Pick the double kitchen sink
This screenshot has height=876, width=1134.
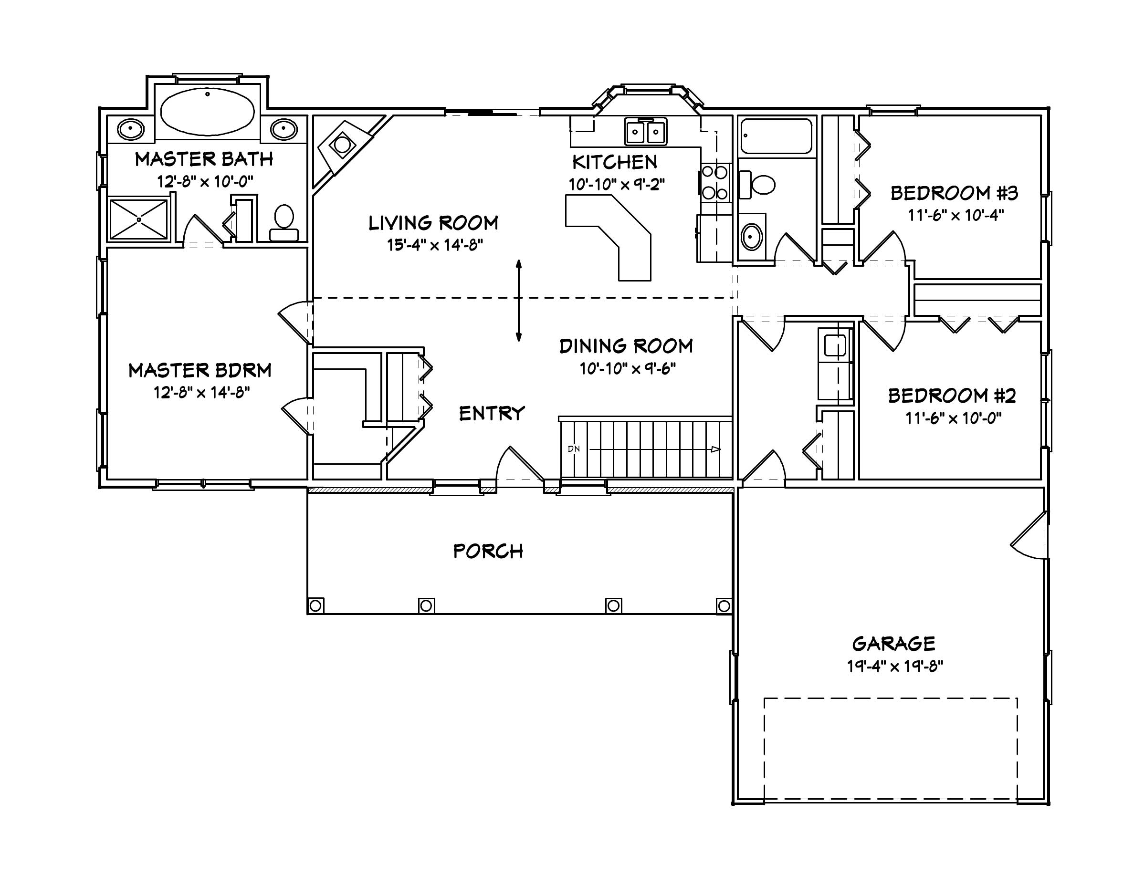click(645, 132)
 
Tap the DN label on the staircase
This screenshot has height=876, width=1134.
click(574, 449)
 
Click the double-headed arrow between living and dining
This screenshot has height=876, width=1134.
click(519, 301)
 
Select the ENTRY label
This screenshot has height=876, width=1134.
click(492, 414)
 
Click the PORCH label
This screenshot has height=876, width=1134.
click(488, 551)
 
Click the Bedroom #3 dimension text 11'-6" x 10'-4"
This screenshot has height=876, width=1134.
click(955, 215)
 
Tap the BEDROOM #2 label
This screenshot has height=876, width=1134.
click(951, 396)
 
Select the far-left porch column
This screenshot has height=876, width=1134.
click(315, 605)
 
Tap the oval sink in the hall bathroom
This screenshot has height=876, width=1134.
click(751, 238)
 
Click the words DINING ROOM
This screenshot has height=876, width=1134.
click(626, 346)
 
